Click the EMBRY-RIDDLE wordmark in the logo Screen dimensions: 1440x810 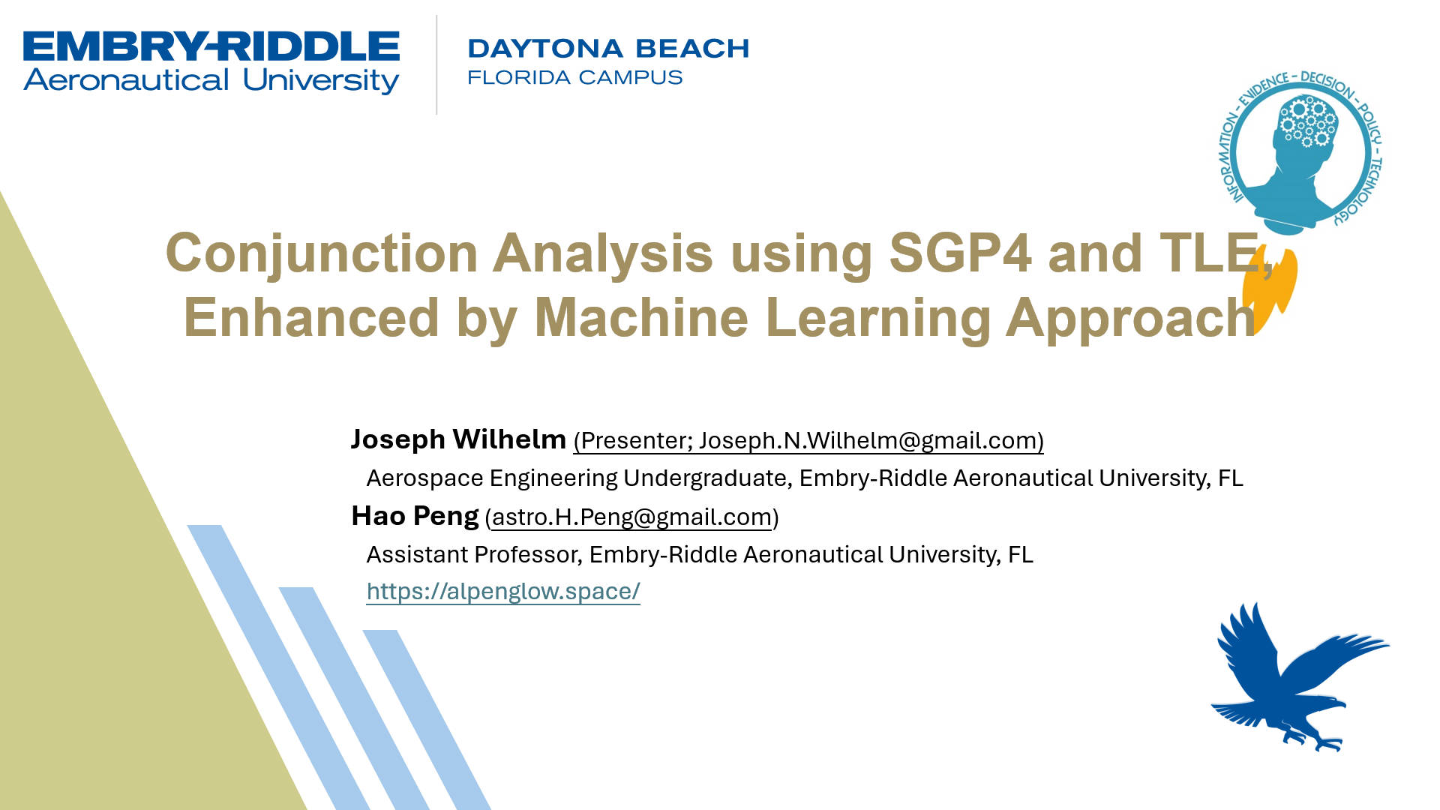point(211,46)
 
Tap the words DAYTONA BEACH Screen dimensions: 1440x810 point(608,49)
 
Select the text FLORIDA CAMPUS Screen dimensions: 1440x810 point(575,77)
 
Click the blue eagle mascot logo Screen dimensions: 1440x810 point(1300,676)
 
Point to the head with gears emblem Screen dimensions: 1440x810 point(1300,152)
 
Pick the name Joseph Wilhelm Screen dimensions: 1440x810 point(458,439)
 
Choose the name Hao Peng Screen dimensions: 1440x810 point(415,516)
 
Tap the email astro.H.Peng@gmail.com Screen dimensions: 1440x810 point(632,517)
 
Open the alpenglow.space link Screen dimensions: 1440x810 point(503,592)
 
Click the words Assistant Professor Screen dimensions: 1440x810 point(472,554)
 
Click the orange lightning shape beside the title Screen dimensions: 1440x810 point(1270,289)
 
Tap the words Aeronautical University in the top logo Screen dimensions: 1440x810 point(211,80)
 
